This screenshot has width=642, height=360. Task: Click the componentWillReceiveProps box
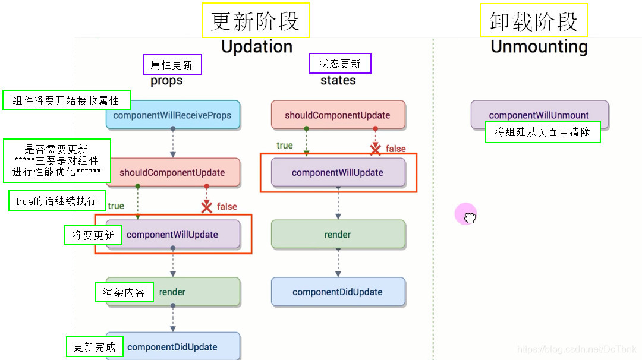(x=172, y=115)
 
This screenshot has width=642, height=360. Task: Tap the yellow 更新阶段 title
(x=255, y=21)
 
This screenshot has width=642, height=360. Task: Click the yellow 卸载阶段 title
(x=534, y=21)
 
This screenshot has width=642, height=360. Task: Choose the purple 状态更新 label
(x=340, y=64)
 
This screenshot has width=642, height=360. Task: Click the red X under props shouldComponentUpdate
(x=207, y=207)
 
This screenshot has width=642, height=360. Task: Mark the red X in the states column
(x=376, y=149)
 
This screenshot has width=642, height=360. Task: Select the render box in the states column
(x=338, y=235)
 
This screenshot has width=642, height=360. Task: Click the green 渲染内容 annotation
(x=124, y=292)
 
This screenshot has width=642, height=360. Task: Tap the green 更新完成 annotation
(x=94, y=347)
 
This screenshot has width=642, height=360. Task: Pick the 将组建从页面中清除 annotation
(x=543, y=132)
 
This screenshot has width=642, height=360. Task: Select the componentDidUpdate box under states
(x=338, y=292)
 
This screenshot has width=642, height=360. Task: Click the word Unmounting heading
(x=539, y=47)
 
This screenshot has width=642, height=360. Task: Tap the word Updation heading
(x=257, y=47)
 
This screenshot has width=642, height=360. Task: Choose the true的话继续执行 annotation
(x=57, y=201)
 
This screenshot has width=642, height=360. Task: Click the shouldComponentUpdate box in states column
(x=338, y=115)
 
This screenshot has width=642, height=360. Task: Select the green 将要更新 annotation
(x=93, y=235)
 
